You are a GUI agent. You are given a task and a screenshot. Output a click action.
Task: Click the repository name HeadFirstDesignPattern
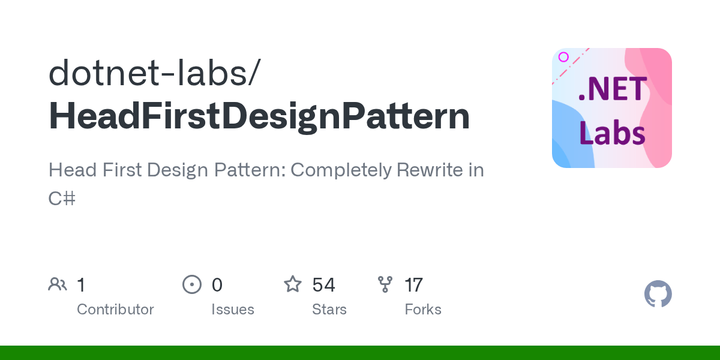tap(259, 116)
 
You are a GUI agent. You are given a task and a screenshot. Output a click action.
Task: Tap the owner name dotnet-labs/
tap(155, 72)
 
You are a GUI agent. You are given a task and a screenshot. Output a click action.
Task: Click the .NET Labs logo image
tap(611, 108)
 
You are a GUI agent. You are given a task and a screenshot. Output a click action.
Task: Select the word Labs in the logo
tap(612, 133)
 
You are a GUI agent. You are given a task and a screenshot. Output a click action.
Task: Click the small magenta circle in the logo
tap(563, 57)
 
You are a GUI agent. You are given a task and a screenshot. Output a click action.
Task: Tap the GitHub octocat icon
tap(658, 295)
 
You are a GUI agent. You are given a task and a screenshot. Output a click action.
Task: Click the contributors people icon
tap(58, 284)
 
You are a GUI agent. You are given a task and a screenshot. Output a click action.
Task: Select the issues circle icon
tap(192, 284)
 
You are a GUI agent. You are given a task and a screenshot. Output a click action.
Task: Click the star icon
tap(293, 284)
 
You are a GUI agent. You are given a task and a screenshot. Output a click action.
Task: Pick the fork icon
tap(385, 284)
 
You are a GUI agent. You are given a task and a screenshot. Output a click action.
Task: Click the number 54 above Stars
tap(324, 284)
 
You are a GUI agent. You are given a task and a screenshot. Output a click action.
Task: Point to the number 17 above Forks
tap(414, 284)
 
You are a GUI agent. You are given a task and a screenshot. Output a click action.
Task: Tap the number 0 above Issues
tap(217, 284)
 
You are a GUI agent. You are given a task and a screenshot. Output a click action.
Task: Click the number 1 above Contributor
tap(81, 284)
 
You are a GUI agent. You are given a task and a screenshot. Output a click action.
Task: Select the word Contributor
tap(115, 310)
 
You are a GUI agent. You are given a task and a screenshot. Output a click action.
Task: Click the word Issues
tap(233, 310)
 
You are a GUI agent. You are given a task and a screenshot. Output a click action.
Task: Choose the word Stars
tap(329, 310)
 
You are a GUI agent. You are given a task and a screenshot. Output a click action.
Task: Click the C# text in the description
tap(62, 198)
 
